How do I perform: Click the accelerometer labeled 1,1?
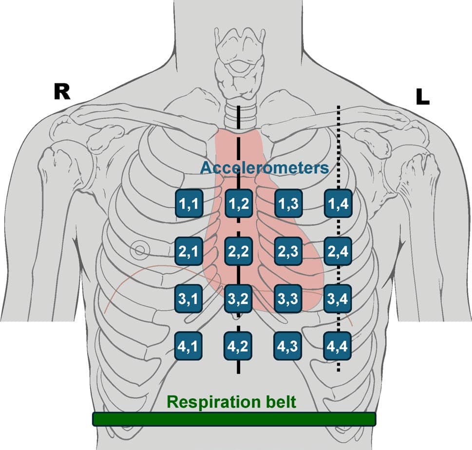coord(188,204)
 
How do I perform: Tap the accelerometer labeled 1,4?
coord(338,204)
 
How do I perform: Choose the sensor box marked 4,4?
coord(338,347)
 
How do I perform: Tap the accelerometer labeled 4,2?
coord(238,347)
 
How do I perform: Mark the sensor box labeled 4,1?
coord(188,347)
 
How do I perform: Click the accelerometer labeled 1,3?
coord(288,204)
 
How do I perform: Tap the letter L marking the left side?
coord(422,97)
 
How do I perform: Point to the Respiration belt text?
coord(231,402)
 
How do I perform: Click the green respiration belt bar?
coord(234,419)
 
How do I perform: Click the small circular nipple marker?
coord(140,251)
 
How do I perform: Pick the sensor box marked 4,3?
coord(288,347)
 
